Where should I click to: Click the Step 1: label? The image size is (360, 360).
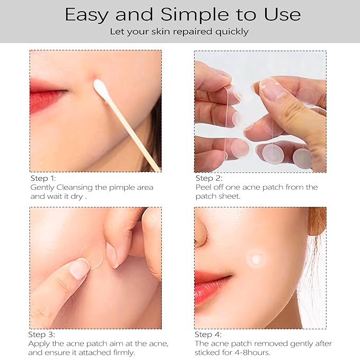click(x=43, y=179)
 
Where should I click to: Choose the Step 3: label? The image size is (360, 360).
click(x=41, y=335)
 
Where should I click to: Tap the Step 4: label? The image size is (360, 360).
click(x=208, y=335)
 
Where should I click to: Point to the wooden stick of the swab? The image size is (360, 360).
click(x=133, y=133)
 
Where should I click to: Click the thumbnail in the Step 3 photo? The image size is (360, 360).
click(x=80, y=269)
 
